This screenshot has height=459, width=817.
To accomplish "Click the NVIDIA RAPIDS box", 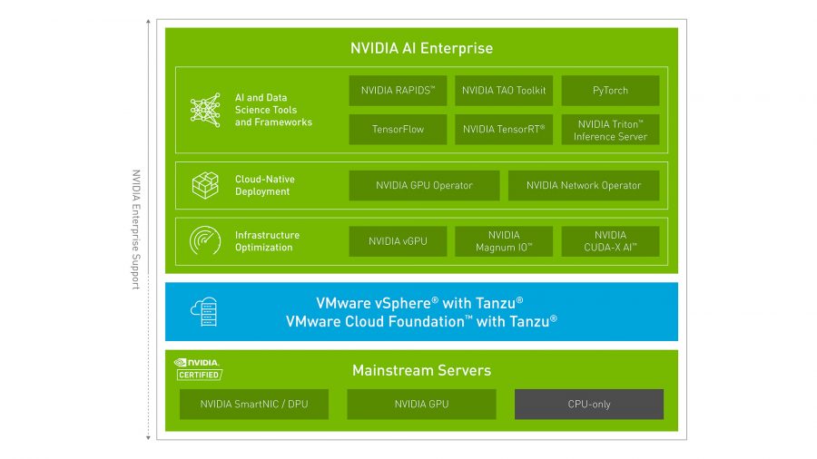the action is pos(398,91).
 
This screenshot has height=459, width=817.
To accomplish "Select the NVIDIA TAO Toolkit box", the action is pos(504,91).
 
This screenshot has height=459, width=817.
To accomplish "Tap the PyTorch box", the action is pos(610,91).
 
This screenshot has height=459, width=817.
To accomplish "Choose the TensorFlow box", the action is pos(398,130).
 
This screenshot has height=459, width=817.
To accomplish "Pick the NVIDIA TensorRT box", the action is pos(504,130).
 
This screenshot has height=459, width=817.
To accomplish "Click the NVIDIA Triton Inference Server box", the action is pos(610,130).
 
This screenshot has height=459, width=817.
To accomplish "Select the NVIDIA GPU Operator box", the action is pos(424,186).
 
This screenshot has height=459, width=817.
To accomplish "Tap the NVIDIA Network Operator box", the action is pos(584,186).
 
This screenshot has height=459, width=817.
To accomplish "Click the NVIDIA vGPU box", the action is pos(398,241).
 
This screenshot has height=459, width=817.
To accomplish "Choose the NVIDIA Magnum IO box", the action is pos(504,241).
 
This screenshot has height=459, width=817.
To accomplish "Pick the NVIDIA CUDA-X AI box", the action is pos(610,241).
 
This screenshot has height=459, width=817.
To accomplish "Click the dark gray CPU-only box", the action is pos(589,405).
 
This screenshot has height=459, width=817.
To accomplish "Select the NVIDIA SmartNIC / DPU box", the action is pos(254,405).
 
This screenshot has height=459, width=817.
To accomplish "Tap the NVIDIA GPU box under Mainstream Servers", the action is pos(421,405).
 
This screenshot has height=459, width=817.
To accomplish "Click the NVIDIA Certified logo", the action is pos(198,369).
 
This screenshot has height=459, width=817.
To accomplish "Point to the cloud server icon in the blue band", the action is pos(203,312).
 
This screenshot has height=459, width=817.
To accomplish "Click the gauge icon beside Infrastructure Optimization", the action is pos(205,240).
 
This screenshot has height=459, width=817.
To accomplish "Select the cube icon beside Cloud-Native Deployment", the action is pos(205,185).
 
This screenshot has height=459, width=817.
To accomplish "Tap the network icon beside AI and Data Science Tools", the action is pos(205,110).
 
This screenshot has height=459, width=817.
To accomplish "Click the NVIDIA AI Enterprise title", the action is pos(421,48).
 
